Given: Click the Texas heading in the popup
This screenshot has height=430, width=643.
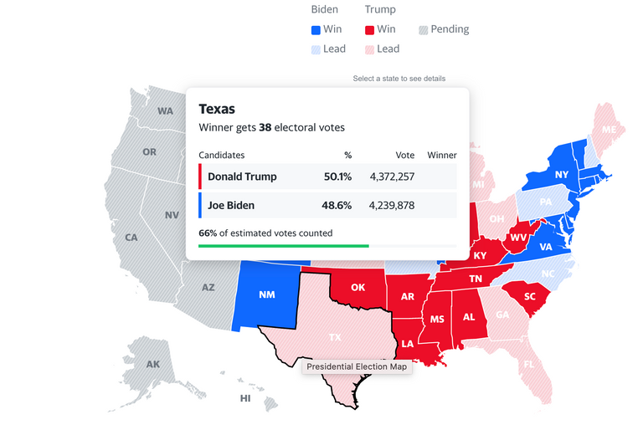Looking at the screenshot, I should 217,109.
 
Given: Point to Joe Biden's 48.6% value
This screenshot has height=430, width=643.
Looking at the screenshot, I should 337,205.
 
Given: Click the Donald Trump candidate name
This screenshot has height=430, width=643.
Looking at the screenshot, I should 242,177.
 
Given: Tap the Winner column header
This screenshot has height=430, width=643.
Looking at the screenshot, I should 442,155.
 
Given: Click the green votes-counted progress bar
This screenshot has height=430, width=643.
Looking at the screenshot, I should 284,246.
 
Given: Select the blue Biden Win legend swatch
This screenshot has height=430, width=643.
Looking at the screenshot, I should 316,29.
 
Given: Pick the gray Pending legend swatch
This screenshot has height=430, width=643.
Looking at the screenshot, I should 424,29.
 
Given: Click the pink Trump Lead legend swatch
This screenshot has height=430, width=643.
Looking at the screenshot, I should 370,49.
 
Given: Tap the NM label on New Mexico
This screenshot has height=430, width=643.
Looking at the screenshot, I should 267,295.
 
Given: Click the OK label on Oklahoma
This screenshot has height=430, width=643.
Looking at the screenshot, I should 358,287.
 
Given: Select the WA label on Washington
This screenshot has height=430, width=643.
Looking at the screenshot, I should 165,111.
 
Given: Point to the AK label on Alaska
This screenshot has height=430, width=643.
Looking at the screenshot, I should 153,365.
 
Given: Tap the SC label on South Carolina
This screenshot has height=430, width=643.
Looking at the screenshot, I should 530,297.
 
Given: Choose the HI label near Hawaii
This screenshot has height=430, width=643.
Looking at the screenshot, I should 245,398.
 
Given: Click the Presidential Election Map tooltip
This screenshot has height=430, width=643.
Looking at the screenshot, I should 357,366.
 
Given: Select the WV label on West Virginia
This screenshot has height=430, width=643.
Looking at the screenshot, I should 518,238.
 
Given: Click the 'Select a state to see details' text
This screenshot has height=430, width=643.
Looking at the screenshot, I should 399,79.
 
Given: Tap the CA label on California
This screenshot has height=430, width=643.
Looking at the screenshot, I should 131,238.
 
